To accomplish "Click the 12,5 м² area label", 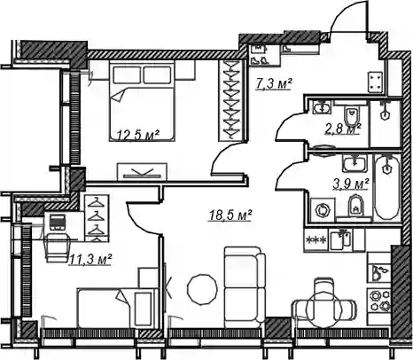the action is (x=138, y=135).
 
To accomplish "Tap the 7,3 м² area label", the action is (x=274, y=84).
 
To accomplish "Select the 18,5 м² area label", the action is (x=230, y=215).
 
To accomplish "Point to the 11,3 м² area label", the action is (x=90, y=260).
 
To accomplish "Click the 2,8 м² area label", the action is (x=343, y=129).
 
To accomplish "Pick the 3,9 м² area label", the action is (x=351, y=184).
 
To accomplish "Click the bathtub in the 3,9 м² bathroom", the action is (x=387, y=187).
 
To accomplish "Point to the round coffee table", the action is (x=203, y=288).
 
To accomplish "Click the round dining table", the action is (x=324, y=309).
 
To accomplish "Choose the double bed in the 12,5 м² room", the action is (x=142, y=101).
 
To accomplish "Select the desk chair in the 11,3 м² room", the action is (x=58, y=247).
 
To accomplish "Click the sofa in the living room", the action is (x=245, y=287).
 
